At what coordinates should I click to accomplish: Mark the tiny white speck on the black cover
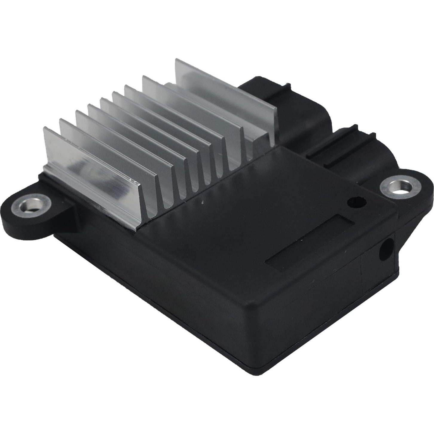202,203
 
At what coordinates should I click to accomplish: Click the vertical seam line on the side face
362,275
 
